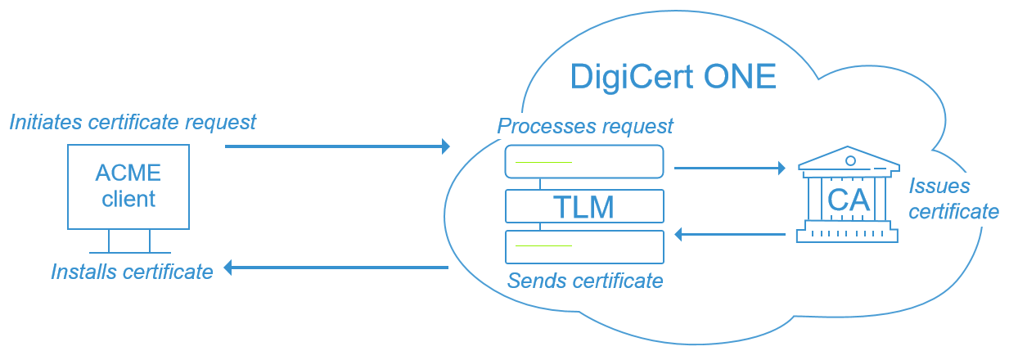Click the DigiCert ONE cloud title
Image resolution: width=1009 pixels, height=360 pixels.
coord(673,78)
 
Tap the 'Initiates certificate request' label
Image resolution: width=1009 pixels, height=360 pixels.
coord(133,122)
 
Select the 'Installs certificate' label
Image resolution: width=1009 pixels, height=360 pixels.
coord(132,272)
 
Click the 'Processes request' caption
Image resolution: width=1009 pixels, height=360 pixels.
coord(585,126)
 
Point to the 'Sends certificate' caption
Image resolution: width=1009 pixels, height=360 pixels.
coord(585,281)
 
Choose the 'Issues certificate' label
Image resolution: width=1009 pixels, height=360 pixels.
coord(953,199)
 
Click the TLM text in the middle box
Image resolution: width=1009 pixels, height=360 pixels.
coord(583,207)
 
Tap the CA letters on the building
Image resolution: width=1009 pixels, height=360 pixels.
coord(849,200)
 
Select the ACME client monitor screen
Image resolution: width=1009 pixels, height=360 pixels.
coord(128,187)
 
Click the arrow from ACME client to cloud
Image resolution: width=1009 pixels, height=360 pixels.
coord(336,146)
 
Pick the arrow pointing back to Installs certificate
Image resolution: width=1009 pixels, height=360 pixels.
coord(336,268)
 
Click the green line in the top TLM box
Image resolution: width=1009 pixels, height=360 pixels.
coord(543,162)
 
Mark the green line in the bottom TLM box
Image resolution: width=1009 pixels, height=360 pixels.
coord(543,245)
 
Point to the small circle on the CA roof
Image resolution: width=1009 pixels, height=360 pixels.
coord(850,160)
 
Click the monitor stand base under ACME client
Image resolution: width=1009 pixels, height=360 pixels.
coord(129,252)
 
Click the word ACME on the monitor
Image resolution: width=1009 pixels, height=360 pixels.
coord(128,173)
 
